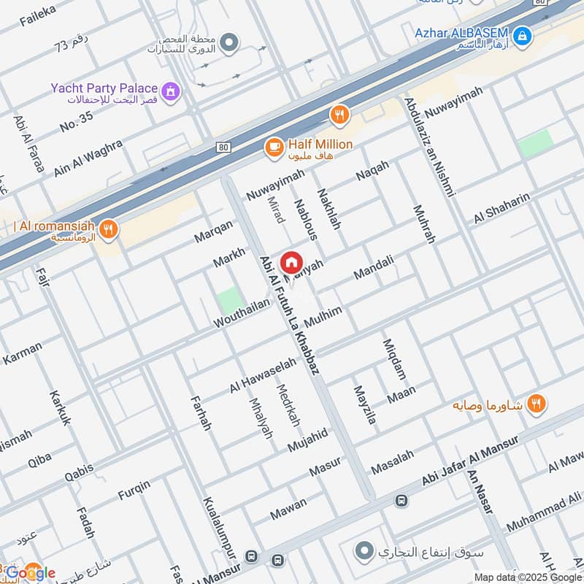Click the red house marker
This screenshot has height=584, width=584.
click(291, 262)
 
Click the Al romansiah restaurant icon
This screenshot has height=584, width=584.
click(108, 229)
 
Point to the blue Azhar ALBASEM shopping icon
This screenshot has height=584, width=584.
click(522, 34)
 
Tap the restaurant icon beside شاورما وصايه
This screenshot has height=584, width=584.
click(537, 403)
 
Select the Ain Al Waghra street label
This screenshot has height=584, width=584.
click(88, 157)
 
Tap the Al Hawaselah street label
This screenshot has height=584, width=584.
click(263, 375)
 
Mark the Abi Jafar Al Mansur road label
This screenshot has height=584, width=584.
click(469, 461)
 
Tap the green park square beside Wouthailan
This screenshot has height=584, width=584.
click(229, 300)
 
